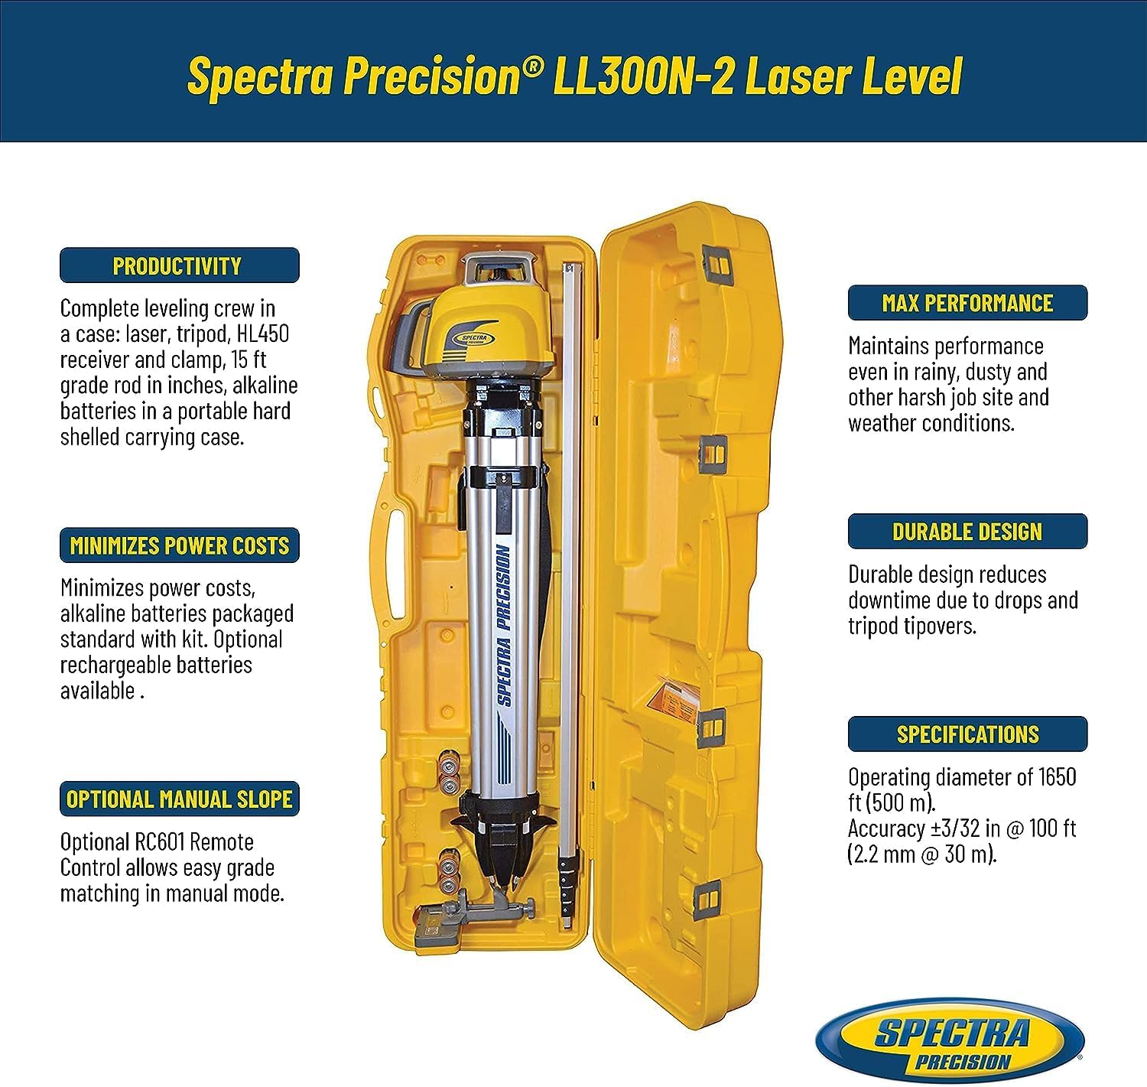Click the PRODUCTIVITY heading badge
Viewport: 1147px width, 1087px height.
pos(179,266)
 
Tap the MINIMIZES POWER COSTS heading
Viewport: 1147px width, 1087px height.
pos(179,545)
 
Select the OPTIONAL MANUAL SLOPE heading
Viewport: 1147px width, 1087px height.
pos(179,799)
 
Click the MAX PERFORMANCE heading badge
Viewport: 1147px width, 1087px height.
pos(967,303)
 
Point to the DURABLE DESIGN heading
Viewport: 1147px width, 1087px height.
pos(967,532)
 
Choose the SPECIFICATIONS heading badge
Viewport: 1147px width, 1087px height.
pos(967,734)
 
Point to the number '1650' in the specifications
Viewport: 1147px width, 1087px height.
pos(1057,777)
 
